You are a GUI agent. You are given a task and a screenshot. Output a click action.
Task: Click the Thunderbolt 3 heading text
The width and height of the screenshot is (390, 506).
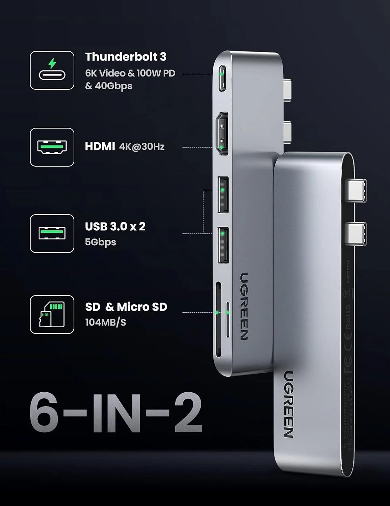click(x=126, y=57)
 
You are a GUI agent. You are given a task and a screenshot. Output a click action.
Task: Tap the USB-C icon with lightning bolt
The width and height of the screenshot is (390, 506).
click(x=52, y=70)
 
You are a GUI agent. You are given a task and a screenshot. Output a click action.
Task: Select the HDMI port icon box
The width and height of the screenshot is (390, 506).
click(x=52, y=147)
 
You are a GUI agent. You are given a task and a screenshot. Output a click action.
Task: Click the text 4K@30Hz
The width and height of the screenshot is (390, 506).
click(x=142, y=147)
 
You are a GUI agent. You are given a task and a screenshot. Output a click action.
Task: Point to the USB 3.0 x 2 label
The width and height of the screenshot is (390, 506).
click(x=115, y=226)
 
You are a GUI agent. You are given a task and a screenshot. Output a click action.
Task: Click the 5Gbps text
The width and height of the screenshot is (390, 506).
click(x=100, y=242)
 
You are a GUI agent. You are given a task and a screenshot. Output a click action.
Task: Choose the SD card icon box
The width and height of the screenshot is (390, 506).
click(x=52, y=314)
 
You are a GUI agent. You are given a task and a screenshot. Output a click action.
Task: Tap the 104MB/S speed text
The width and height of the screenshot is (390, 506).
click(x=105, y=322)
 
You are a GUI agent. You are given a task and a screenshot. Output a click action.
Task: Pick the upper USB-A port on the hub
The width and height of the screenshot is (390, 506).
click(x=223, y=194)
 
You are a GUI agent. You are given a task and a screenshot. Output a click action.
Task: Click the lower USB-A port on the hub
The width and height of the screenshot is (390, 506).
click(x=223, y=245)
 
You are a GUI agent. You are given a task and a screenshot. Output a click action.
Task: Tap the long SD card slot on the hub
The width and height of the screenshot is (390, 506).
click(x=218, y=319)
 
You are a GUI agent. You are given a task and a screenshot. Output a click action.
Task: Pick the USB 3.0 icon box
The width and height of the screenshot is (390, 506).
click(x=52, y=233)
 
